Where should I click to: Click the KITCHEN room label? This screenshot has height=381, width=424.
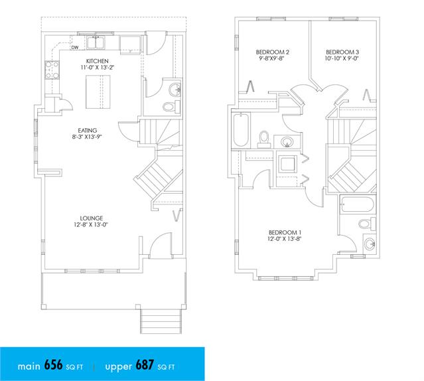98,61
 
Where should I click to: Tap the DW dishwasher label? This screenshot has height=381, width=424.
75,48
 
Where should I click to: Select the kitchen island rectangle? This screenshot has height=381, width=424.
98,92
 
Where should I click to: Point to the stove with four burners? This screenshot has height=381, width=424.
52,70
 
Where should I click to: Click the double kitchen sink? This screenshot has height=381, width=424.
96,42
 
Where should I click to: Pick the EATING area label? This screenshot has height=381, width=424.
88,130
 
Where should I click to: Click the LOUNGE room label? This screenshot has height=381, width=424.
92,218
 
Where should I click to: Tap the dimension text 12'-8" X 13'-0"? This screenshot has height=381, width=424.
91,224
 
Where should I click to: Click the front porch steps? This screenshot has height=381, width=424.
161,321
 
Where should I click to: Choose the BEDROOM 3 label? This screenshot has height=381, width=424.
342,52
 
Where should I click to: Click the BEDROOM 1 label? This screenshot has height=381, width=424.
285,232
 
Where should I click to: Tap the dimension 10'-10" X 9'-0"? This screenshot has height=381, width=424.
342,58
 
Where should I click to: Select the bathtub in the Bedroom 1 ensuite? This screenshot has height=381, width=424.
358,204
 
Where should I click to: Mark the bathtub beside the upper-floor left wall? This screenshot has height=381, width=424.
241,130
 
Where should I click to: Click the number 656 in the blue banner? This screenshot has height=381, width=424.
53,365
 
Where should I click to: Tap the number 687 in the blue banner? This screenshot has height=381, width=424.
145,365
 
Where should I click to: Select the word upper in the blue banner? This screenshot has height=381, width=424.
118,367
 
